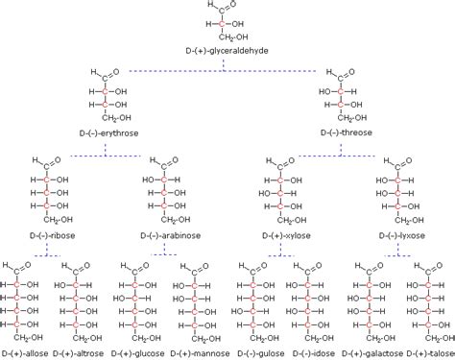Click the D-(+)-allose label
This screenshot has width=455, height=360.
click(x=28, y=352)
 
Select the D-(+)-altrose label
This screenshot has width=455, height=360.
click(x=83, y=352)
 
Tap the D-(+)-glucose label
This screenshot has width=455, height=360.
click(x=139, y=352)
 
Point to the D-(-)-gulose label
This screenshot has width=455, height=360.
click(x=254, y=352)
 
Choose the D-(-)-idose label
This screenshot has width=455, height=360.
click(x=310, y=352)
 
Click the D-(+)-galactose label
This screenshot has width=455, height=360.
click(x=371, y=352)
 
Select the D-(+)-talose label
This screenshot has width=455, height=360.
click(x=428, y=352)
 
